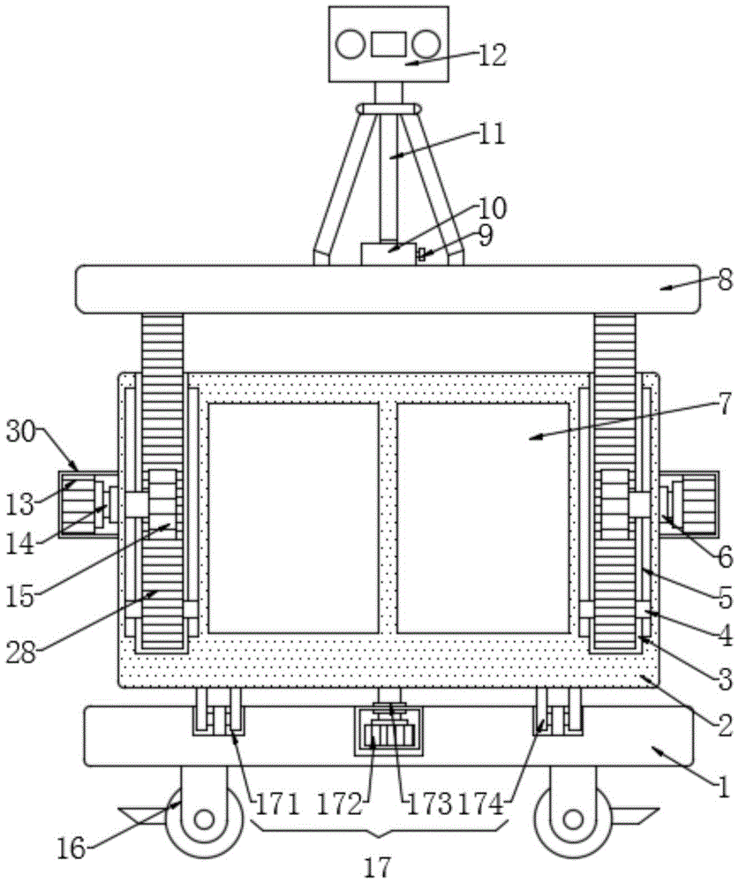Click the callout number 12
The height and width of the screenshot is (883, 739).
(493, 55)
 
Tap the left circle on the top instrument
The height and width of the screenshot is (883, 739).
(351, 45)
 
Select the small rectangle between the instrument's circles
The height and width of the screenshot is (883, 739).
(388, 44)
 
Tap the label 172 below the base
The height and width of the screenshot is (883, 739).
(340, 805)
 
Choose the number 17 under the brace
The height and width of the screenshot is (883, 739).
(377, 867)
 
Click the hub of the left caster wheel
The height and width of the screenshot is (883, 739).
(205, 819)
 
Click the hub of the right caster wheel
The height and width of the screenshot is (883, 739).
(573, 819)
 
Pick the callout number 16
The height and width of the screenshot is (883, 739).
(72, 848)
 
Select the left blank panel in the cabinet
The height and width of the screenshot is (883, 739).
(293, 517)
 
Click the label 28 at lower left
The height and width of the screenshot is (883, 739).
(21, 653)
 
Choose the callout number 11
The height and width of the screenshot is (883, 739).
(493, 134)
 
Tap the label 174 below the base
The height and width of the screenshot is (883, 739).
(480, 805)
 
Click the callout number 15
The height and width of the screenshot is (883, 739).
(21, 597)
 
